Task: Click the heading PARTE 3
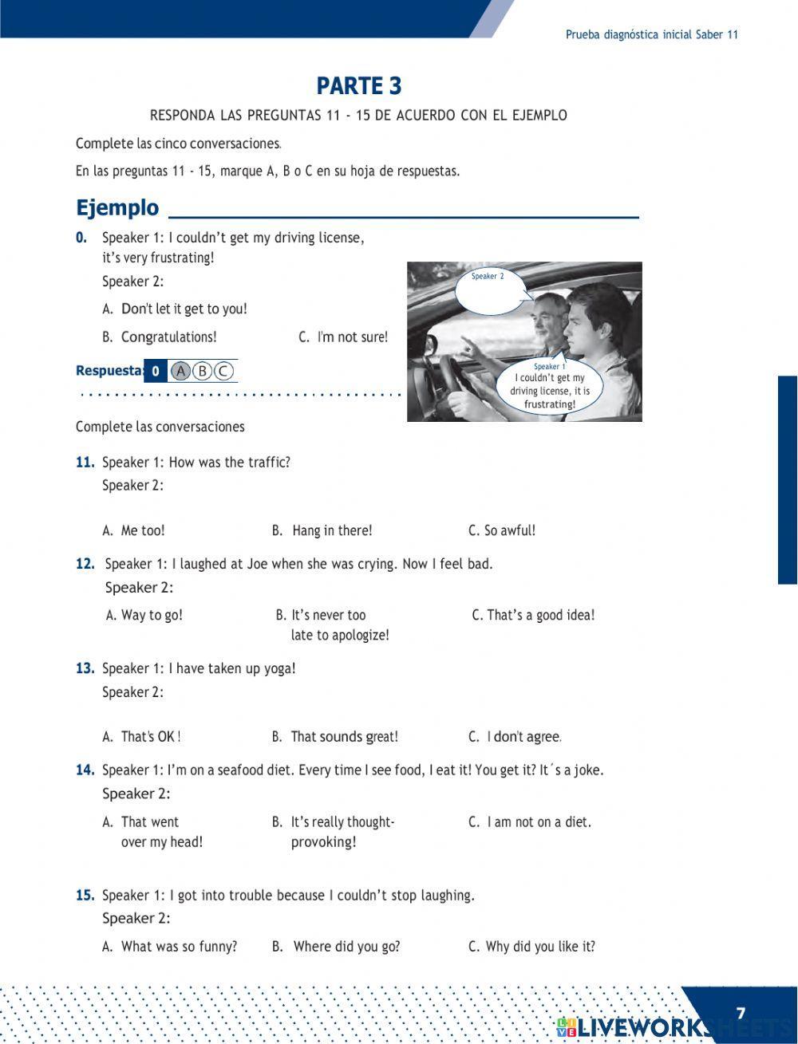pos(359,85)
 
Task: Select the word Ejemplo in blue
pos(117,208)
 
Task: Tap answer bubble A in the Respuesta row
pos(181,371)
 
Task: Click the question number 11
pos(85,463)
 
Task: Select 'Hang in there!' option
pos(331,530)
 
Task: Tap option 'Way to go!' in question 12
pos(152,615)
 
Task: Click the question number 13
pos(85,668)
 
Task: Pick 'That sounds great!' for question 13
pos(344,737)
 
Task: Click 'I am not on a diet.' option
pos(539,821)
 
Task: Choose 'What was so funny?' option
pos(179,947)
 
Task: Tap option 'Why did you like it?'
pos(539,947)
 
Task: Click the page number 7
pos(741,1013)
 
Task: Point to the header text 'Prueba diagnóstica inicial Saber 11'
pos(652,34)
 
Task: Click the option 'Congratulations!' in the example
pos(168,337)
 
